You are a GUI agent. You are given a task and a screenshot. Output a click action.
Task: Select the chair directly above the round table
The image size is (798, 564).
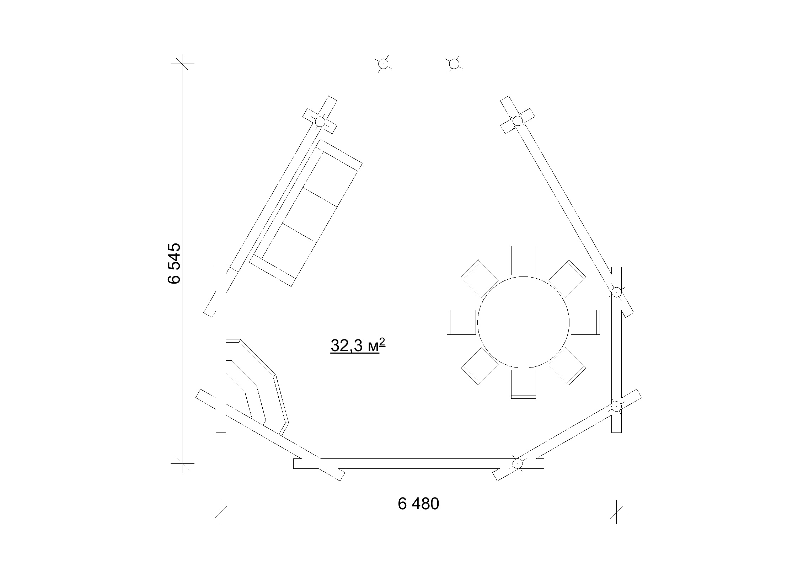pos(523,260)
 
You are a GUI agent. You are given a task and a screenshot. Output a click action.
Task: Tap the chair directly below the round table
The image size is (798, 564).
pos(523,384)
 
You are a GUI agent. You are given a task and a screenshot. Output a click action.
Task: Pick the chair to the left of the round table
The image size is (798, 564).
pos(461,322)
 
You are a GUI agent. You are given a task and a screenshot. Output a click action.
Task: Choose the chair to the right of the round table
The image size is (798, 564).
pos(585,322)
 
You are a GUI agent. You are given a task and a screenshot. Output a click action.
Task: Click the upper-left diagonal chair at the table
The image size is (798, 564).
pos(480,278)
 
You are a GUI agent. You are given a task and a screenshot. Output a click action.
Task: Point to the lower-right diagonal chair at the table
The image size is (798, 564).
pos(567,366)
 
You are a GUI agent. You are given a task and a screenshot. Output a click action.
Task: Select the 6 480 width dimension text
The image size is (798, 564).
pos(418,504)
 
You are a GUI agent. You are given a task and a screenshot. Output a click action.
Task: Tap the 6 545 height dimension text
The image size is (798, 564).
pos(174,263)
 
